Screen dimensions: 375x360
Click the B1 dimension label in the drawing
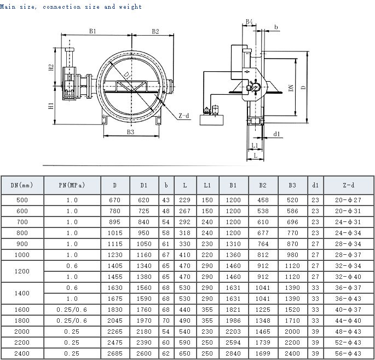point(93,31)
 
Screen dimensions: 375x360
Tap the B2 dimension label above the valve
point(155,31)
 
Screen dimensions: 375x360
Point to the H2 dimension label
point(51,67)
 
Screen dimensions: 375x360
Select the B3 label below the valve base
point(131,132)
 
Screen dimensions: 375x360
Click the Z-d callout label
point(184,116)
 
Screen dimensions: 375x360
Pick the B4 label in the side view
point(249,21)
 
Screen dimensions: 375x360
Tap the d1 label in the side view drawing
point(276,134)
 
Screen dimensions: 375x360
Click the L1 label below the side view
point(255,145)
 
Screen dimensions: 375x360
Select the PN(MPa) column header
point(72,185)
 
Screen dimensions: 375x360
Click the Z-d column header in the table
point(349,185)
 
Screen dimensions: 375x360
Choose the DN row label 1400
point(22,293)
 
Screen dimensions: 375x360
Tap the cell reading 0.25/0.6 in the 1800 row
point(72,321)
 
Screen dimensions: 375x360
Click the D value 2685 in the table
point(115,353)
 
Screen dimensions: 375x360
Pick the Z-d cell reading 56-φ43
point(348,353)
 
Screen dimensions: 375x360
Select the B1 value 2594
point(233,342)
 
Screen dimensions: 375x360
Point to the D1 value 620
point(143,200)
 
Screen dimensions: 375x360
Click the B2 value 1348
point(263,321)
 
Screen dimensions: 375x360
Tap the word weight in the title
point(130,7)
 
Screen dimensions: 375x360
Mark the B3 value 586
point(292,211)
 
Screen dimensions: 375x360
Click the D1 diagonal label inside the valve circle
point(128,76)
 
